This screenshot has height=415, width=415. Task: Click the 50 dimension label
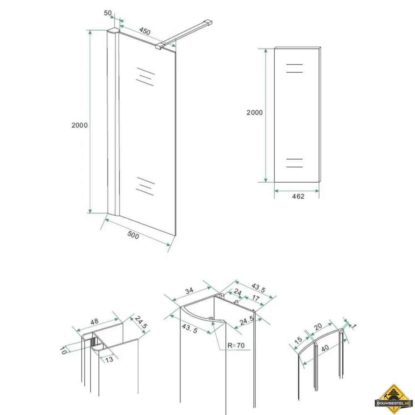tap(108, 13)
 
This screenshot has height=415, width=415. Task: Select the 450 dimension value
tap(144, 31)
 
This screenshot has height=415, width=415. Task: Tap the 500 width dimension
tap(133, 235)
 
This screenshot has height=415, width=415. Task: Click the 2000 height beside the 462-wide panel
tap(254, 112)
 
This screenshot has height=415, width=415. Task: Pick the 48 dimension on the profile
tap(94, 321)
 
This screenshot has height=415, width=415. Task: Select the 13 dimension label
tap(109, 359)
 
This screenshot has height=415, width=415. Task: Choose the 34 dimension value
tap(189, 291)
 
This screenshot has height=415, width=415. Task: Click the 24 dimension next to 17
tap(238, 292)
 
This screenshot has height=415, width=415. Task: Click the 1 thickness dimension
tap(354, 327)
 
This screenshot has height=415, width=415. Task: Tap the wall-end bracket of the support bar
tap(209, 21)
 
